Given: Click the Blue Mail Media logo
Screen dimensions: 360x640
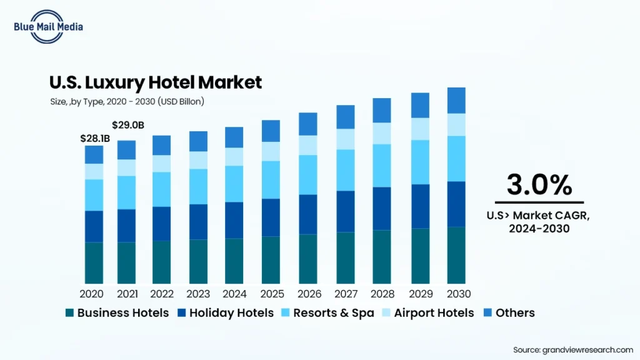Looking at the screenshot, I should (47, 26).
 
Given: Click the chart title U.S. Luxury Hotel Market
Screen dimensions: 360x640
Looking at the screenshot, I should (156, 82).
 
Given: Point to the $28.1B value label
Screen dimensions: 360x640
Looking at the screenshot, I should (95, 138).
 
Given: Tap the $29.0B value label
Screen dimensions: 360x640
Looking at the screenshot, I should (128, 126).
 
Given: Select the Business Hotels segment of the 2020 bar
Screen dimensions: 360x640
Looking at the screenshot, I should (94, 262).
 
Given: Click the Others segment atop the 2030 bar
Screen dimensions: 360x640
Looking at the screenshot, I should (456, 100).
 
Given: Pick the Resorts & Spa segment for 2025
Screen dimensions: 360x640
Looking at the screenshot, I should (271, 179).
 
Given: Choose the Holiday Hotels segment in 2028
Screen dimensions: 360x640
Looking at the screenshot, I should (382, 208).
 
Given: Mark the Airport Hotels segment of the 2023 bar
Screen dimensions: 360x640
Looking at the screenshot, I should (198, 160).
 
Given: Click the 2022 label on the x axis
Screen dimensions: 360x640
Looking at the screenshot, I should (162, 293).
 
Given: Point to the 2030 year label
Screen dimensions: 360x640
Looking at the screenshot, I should (458, 293).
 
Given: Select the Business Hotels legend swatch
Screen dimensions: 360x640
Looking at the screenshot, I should (70, 312).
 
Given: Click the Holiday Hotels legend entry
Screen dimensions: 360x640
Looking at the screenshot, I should (226, 312).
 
